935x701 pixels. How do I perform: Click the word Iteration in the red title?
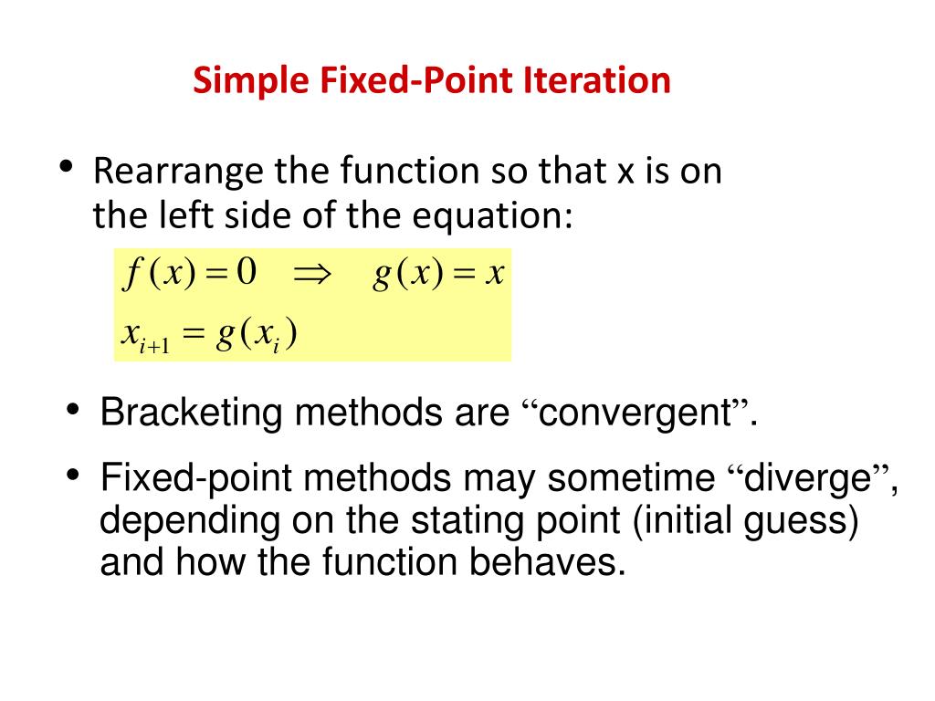coord(597,80)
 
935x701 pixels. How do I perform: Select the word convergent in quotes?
coord(637,413)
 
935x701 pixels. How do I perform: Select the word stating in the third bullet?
coord(439,521)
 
